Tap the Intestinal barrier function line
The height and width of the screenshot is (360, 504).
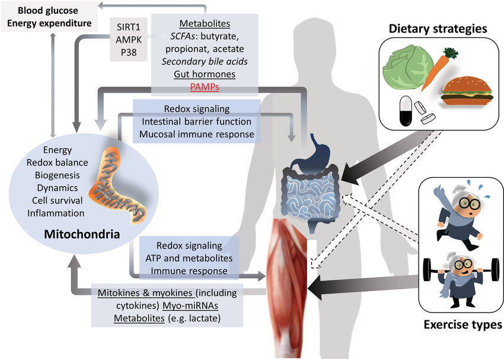197,122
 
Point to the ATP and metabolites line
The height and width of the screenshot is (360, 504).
189,258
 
